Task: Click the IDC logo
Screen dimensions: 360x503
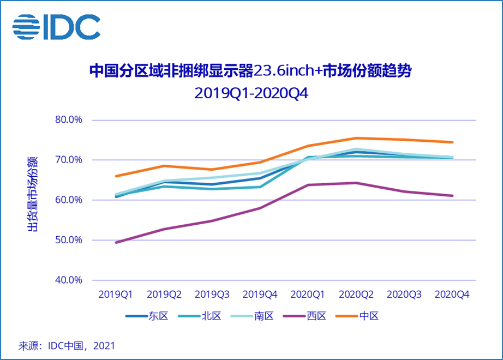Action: coord(56,27)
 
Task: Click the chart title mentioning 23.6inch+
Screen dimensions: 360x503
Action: coord(251,72)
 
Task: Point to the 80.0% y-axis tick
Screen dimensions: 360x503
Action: coord(69,120)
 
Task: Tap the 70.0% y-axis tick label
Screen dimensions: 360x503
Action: coord(69,160)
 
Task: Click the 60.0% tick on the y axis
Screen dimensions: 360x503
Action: coord(69,200)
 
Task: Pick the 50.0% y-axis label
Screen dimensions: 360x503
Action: coord(69,240)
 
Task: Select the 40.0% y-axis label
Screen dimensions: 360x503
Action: coord(69,280)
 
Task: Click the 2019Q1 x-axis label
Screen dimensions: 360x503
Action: coord(116,295)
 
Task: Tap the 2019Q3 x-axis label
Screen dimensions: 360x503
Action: coord(212,295)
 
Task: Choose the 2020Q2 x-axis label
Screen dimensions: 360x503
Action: coord(356,295)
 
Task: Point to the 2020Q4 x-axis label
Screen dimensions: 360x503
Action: coord(452,295)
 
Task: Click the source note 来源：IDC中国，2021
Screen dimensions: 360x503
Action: coord(67,346)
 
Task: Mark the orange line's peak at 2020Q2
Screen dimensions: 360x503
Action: coord(356,138)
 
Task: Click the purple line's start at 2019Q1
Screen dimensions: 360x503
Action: coord(116,242)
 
